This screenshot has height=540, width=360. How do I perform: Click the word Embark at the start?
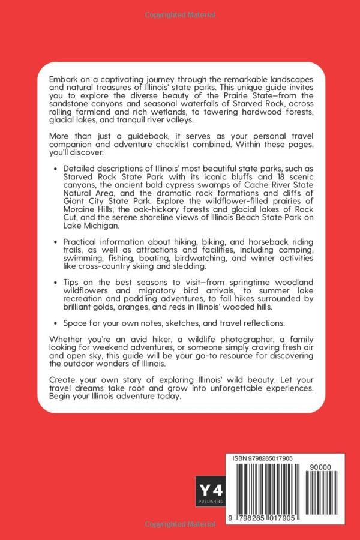(63, 79)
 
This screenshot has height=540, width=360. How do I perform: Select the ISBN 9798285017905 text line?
(263, 458)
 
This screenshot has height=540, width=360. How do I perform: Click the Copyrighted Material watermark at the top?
(179, 13)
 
